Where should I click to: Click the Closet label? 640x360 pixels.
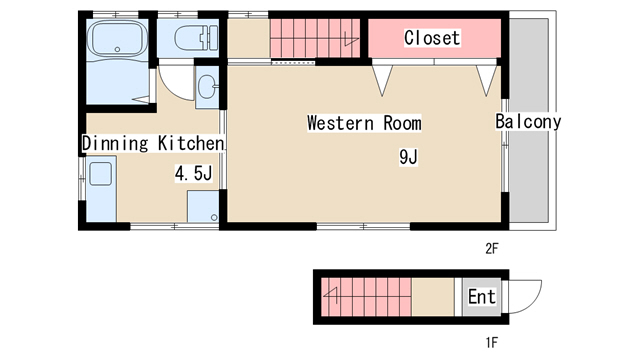432,38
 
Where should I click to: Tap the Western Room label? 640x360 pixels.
364,123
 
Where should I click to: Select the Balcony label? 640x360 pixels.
528,122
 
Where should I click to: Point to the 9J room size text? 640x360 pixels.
408,157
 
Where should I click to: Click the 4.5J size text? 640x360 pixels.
193,173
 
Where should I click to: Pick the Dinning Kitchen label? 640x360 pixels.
153,143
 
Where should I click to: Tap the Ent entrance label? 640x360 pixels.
482,297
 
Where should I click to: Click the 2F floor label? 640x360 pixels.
492,248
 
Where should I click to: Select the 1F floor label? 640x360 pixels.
492,342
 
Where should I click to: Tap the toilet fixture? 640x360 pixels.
196,39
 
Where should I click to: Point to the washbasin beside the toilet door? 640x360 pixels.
207,87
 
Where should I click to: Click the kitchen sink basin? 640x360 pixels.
100,174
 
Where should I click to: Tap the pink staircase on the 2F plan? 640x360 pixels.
315,38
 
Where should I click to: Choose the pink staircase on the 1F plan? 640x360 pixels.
366,297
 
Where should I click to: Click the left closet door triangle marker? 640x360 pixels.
382,81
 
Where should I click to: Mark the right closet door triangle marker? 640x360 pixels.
487,81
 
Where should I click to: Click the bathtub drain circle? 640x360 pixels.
118,49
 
